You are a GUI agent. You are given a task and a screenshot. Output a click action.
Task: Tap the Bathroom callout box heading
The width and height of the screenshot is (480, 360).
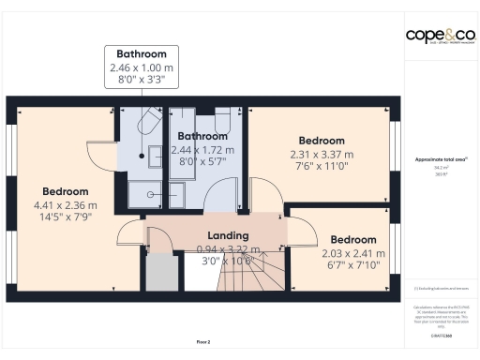point(142,53)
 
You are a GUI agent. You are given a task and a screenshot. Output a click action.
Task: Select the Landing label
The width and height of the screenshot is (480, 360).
point(228,235)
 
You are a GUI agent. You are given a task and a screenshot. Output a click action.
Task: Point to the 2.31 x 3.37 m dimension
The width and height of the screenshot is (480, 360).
point(322,154)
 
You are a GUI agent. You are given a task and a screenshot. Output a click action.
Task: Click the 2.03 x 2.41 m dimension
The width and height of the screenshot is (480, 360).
point(353,252)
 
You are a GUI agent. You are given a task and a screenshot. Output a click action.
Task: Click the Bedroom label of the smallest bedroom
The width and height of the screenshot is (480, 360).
point(353,239)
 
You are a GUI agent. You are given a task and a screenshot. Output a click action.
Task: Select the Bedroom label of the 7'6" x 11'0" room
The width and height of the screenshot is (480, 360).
point(322,141)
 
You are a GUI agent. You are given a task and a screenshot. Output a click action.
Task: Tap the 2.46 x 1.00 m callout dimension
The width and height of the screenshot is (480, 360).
point(142,67)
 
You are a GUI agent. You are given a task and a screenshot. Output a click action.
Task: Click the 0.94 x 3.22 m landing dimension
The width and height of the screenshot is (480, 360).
point(228,248)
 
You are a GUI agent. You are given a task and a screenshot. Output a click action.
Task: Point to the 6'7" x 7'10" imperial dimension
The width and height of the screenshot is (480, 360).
point(353,265)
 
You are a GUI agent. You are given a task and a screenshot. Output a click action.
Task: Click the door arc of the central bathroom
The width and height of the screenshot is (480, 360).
point(223,195)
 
